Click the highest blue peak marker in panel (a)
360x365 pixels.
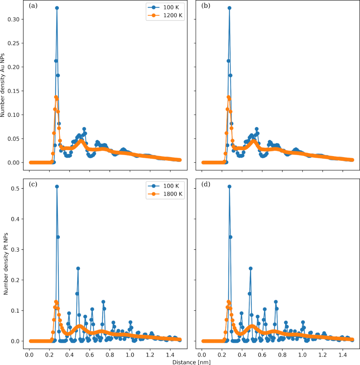coord(57,8)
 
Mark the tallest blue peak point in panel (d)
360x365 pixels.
coord(229,186)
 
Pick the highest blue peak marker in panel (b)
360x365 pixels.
coord(229,8)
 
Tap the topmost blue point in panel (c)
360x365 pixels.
coord(57,186)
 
